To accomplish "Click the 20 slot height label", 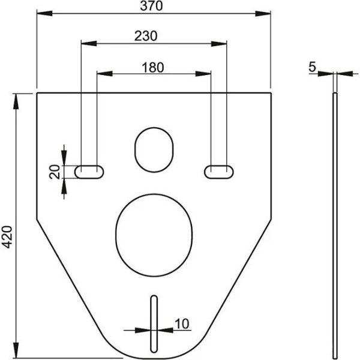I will point(55,172).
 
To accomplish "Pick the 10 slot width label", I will point(181,323).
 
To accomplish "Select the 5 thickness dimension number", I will point(313,67).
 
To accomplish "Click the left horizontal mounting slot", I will point(89,172).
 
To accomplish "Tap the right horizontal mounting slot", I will point(218,172).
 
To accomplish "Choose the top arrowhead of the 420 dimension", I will point(16,97).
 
